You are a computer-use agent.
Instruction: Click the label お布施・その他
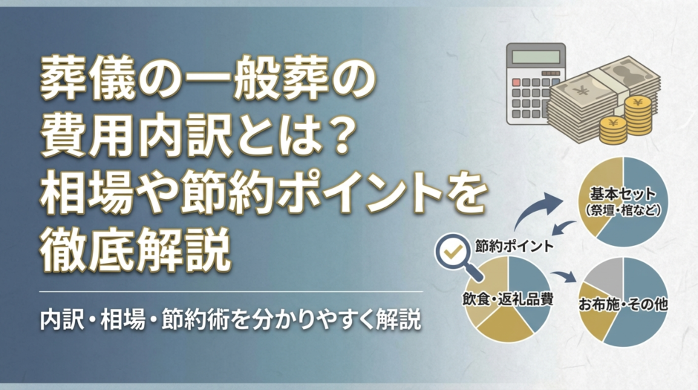pos(623,304)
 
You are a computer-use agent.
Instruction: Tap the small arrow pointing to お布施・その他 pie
pos(567,276)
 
